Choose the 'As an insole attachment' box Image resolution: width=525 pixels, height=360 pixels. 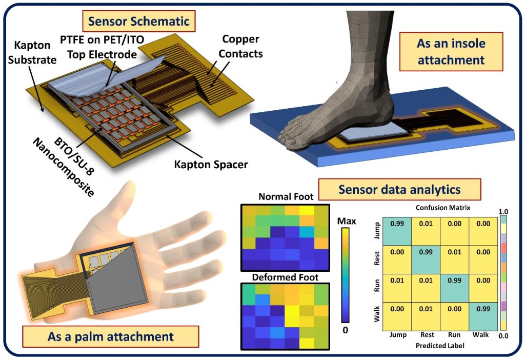pyautogui.click(x=451, y=51)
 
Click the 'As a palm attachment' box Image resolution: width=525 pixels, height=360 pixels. pyautogui.click(x=110, y=336)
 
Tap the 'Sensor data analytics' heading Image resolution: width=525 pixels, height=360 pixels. pyautogui.click(x=399, y=189)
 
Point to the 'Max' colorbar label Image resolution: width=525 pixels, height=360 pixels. pyautogui.click(x=347, y=222)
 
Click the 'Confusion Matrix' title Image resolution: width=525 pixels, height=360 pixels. pyautogui.click(x=439, y=208)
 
